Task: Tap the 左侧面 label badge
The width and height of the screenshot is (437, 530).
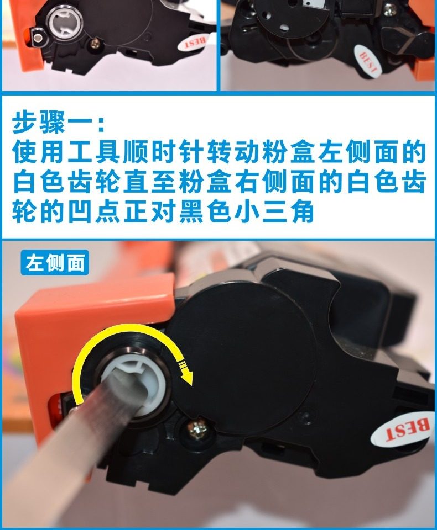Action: pyautogui.click(x=55, y=263)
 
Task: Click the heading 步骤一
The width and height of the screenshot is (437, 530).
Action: pyautogui.click(x=58, y=123)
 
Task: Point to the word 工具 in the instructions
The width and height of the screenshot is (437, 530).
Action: pyautogui.click(x=94, y=152)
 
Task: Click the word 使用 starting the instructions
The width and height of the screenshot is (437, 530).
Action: pyautogui.click(x=38, y=152)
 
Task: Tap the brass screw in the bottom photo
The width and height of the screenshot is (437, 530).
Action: pyautogui.click(x=197, y=430)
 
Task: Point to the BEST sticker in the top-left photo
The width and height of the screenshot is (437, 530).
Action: pyautogui.click(x=194, y=43)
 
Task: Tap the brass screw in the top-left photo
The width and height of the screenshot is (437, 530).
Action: pyautogui.click(x=96, y=43)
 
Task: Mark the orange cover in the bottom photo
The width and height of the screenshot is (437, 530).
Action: pyautogui.click(x=91, y=314)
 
